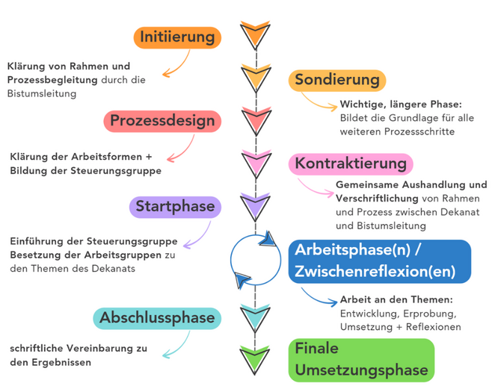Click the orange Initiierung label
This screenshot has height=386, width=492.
176,37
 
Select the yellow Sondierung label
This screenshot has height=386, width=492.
337,80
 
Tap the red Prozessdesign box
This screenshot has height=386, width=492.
162,121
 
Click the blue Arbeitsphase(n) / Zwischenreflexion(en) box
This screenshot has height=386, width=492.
380,261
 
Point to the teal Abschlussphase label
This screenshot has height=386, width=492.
157,317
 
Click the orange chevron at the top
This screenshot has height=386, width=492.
254,33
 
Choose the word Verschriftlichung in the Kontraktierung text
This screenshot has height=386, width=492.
378,198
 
